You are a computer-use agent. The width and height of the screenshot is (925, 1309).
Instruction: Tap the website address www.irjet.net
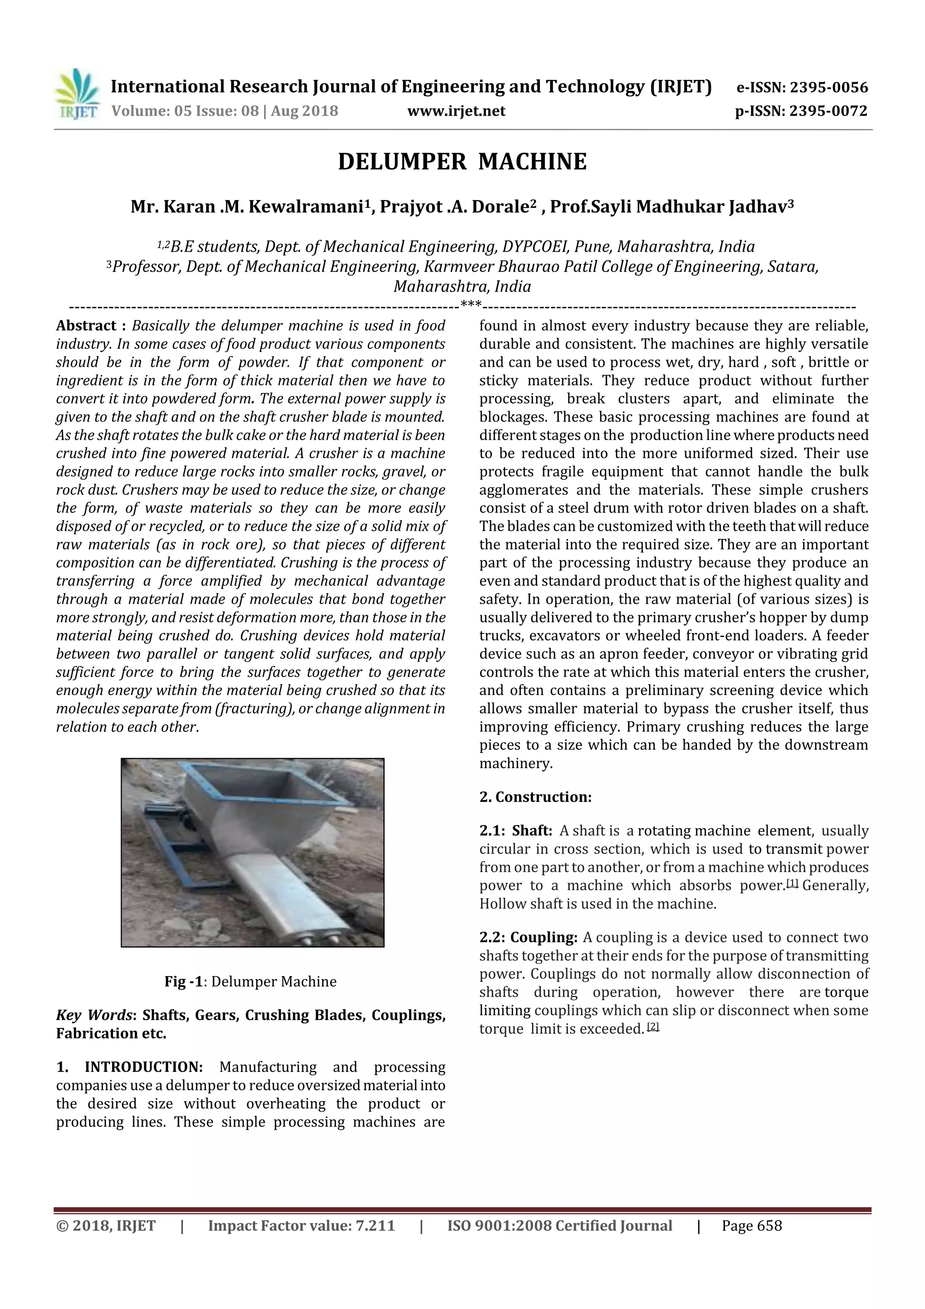(456, 111)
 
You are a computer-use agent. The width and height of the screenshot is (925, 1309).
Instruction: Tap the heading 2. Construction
(535, 797)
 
